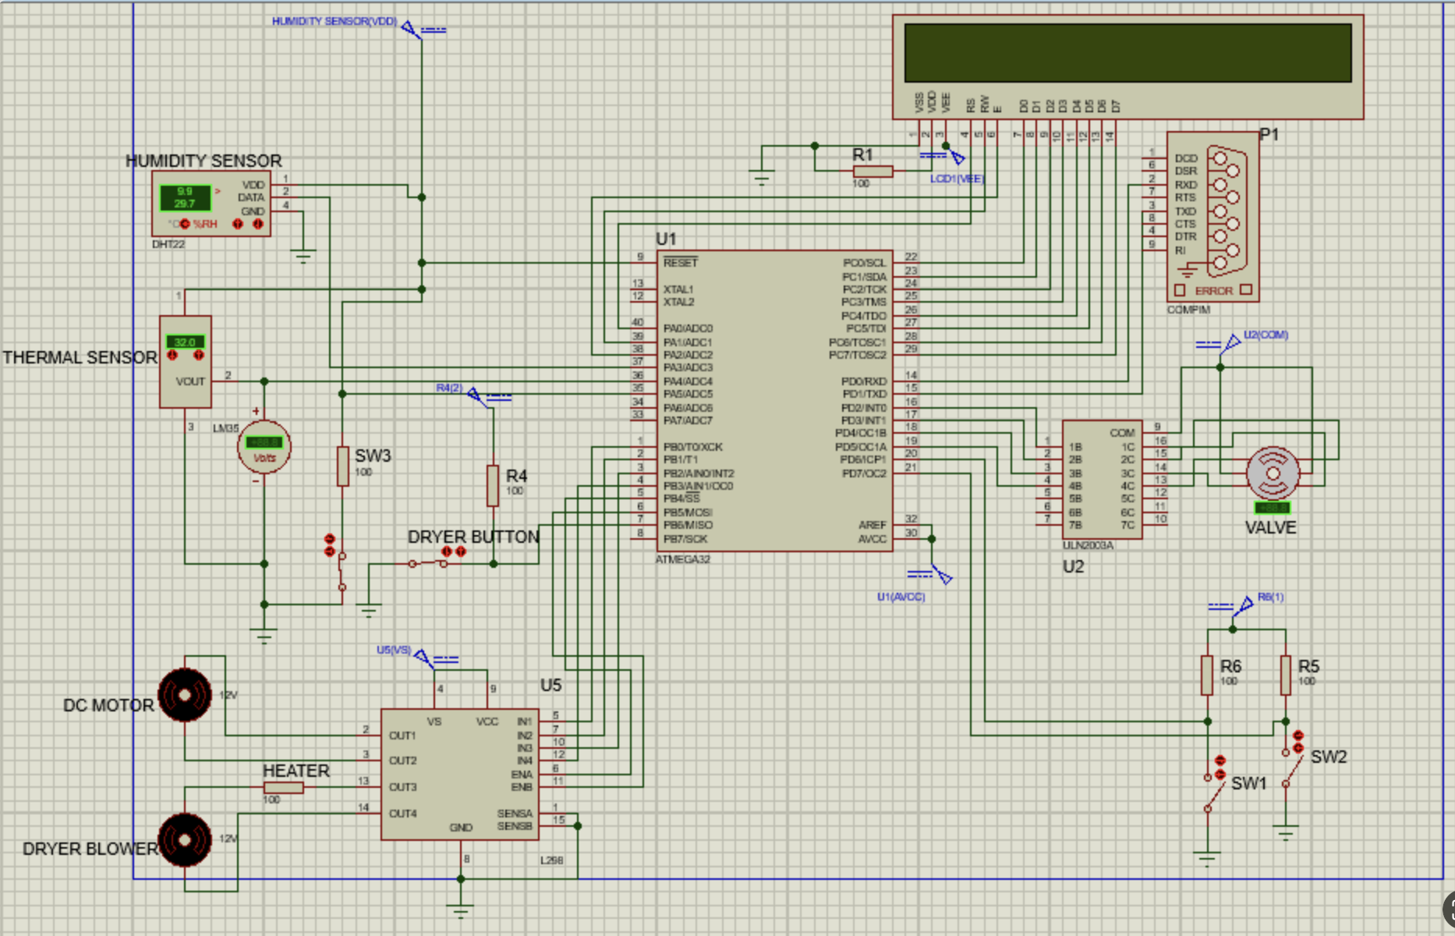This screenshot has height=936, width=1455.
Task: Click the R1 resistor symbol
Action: point(873,171)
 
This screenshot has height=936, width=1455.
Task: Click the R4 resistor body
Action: point(493,485)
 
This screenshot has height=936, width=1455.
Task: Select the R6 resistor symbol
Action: point(1207,675)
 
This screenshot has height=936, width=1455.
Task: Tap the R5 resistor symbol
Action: point(1285,675)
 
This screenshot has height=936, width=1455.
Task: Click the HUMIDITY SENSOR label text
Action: point(204,161)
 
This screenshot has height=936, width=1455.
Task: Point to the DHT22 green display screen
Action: point(185,197)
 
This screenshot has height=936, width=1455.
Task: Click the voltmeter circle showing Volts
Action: point(264,448)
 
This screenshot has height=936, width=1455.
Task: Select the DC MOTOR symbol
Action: point(185,694)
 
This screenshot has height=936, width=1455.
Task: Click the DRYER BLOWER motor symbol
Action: point(185,839)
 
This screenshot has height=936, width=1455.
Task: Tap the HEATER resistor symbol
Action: point(284,788)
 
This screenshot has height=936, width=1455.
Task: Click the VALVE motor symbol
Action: point(1273,473)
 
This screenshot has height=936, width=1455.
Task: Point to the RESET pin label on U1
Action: point(680,263)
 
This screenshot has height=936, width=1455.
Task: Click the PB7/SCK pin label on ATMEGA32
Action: point(685,539)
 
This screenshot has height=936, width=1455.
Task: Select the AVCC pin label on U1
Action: point(872,539)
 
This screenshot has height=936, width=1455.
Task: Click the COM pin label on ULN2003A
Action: point(1122,433)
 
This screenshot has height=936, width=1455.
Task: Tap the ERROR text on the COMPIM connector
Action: point(1213,291)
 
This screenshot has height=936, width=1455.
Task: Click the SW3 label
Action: point(373,456)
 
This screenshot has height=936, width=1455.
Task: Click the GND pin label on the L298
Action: point(461,828)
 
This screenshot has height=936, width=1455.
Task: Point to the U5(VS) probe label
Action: point(393,650)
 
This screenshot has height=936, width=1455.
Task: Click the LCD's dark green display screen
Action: point(1128,52)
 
